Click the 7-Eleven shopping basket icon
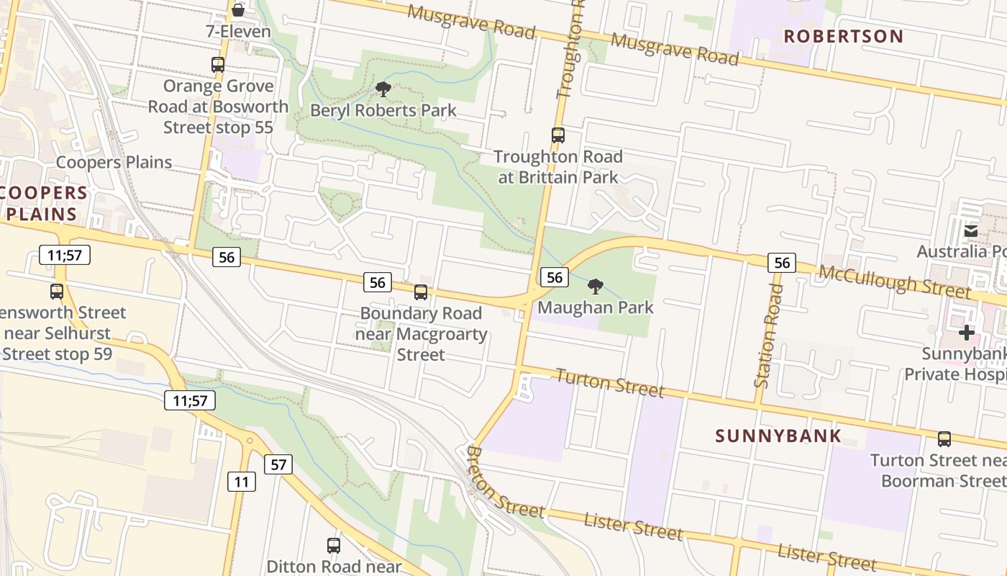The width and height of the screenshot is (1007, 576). [238, 10]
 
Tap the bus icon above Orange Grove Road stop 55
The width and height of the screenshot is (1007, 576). [218, 64]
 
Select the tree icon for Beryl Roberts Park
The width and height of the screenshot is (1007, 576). [383, 89]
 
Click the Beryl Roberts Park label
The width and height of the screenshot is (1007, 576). [383, 110]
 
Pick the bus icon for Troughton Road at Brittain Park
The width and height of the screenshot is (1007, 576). [557, 135]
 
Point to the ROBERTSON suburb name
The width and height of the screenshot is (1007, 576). [843, 36]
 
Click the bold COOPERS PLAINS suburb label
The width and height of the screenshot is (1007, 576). [45, 203]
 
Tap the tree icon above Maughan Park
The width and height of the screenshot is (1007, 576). [595, 287]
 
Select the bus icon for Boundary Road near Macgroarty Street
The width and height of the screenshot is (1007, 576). [421, 292]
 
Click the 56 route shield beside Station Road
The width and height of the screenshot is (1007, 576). [782, 263]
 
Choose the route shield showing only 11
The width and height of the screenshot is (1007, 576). [242, 482]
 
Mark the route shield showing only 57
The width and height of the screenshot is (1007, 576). [278, 464]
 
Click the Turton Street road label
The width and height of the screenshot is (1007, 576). [609, 382]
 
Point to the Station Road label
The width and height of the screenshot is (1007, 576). [768, 335]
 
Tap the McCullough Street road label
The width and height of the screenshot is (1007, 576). [895, 281]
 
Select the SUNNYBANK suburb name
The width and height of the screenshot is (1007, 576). [778, 436]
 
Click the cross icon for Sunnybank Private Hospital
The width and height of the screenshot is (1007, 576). [966, 333]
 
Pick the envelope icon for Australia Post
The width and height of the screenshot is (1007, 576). [971, 230]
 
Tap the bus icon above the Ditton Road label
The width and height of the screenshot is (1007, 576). [333, 545]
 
